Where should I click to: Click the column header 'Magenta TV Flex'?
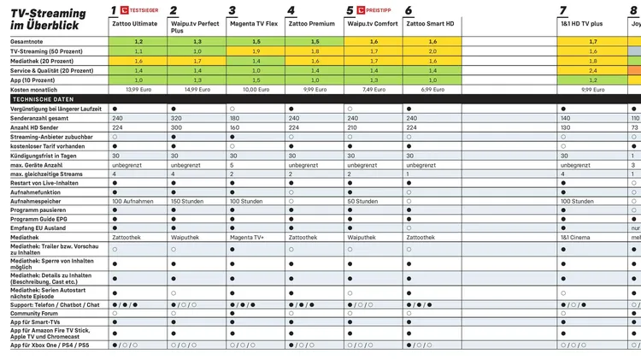click(254, 25)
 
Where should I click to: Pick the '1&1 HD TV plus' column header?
click(584, 25)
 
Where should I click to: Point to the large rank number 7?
click(563, 10)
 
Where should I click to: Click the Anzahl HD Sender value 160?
click(234, 127)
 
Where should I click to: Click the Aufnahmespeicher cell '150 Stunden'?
click(189, 202)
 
